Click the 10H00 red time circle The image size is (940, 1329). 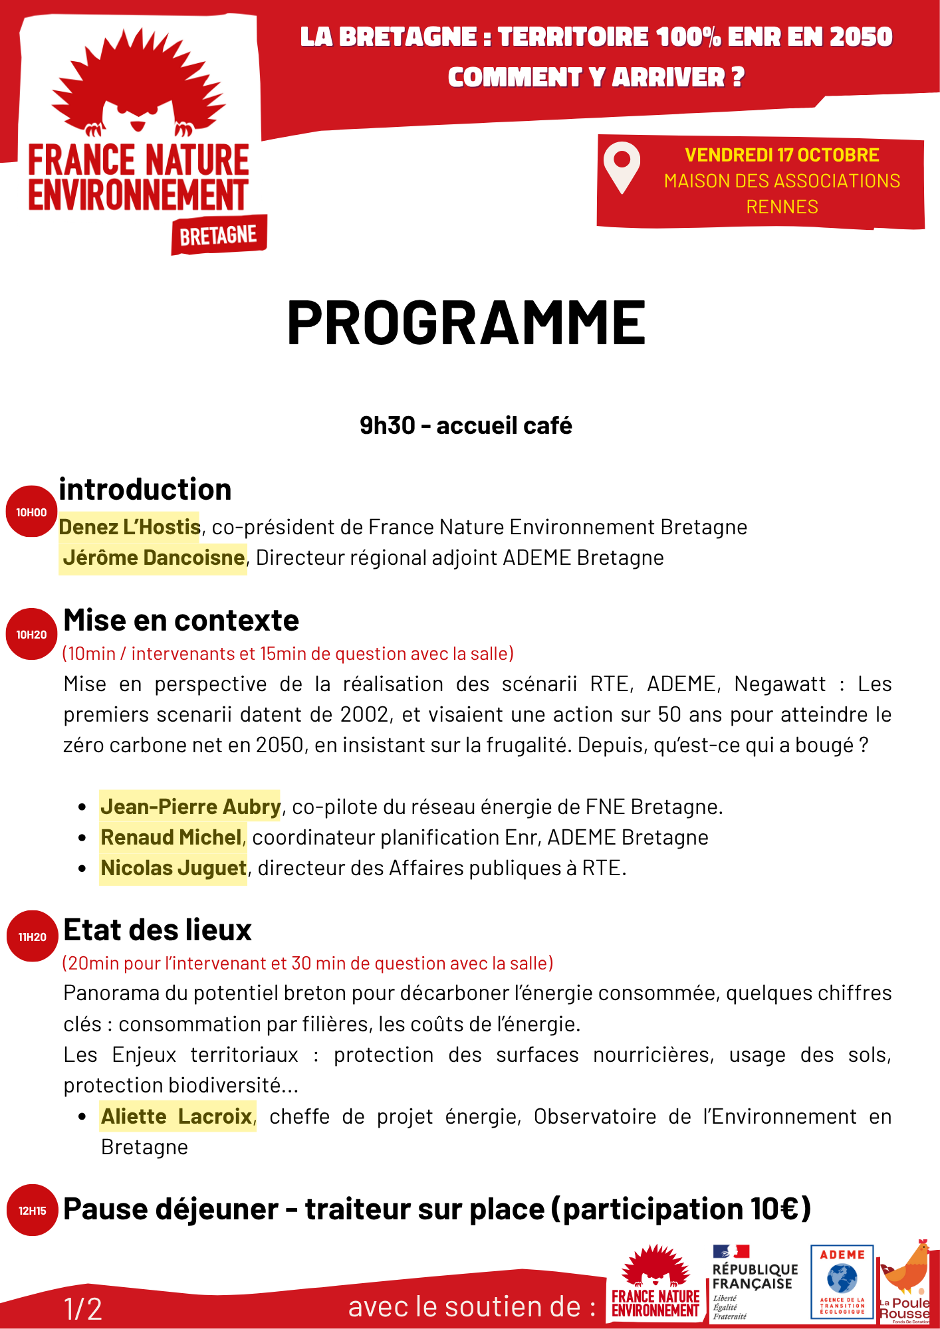(31, 512)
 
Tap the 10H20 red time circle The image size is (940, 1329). (31, 635)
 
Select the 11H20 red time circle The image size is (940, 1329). (32, 937)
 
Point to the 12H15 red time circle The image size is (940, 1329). (32, 1211)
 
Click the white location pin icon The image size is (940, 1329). (622, 167)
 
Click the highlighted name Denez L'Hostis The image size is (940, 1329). (130, 527)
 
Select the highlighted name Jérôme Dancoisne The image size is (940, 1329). (154, 558)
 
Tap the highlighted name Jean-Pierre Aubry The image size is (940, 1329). (190, 807)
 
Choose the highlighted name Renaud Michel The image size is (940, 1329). (171, 837)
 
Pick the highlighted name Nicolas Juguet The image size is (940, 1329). (174, 868)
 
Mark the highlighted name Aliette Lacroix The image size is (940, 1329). (177, 1116)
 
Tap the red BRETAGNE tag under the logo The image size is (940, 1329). (219, 235)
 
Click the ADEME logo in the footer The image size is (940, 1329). (842, 1282)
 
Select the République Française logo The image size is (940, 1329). (755, 1282)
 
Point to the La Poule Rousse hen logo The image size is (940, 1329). (906, 1282)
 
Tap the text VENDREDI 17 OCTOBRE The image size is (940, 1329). (782, 155)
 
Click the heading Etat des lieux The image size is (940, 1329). (158, 930)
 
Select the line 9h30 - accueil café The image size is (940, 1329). (466, 425)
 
